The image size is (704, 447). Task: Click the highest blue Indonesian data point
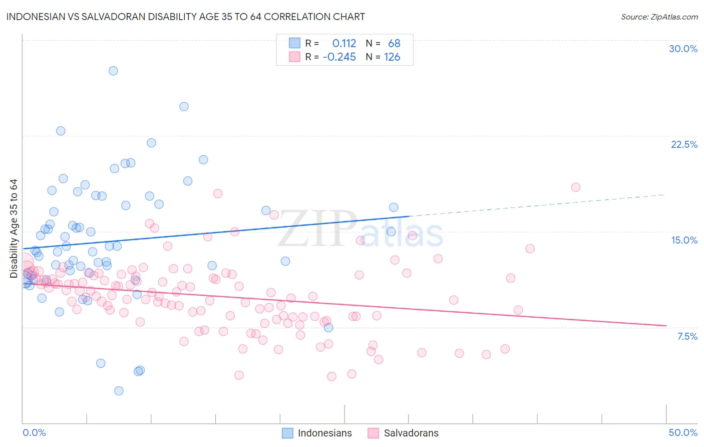(113, 71)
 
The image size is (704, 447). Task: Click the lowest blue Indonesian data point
(119, 391)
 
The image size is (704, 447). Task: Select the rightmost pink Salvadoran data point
(575, 187)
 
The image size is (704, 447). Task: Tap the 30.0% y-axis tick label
(683, 49)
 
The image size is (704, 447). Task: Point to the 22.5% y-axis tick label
(684, 144)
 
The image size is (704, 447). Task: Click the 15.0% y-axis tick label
(684, 240)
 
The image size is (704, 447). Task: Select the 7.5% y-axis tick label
(687, 336)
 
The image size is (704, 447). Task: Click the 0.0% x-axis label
(34, 432)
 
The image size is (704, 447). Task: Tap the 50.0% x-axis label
(683, 432)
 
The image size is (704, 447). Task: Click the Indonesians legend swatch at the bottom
(287, 433)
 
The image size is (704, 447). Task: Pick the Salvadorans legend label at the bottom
(411, 433)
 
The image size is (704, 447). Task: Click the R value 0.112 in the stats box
(344, 43)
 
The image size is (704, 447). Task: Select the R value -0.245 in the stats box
(339, 57)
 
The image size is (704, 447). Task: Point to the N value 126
(392, 57)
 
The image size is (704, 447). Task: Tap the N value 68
(394, 43)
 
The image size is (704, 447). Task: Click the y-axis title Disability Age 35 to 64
(14, 229)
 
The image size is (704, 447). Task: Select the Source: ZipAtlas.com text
(659, 17)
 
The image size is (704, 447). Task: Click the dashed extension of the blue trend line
(536, 205)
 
